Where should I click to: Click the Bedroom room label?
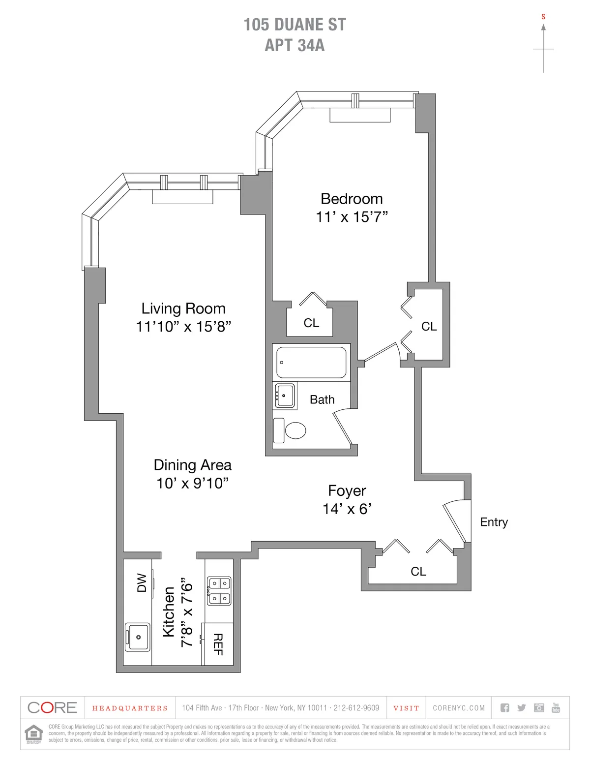[352, 199]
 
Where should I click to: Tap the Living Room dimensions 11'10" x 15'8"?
[183, 327]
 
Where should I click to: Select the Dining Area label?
[192, 465]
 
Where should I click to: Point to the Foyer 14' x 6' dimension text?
[347, 509]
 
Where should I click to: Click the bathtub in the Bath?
[311, 363]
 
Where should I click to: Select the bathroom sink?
[285, 396]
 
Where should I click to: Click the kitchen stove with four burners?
[219, 590]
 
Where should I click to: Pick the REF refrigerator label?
[218, 644]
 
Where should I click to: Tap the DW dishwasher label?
[142, 582]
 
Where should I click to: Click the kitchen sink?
[138, 637]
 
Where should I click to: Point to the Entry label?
[494, 522]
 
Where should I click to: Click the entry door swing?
[455, 522]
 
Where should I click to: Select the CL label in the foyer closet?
[418, 571]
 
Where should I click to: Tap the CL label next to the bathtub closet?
[311, 323]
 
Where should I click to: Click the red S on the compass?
[543, 17]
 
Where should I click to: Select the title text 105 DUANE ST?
[295, 25]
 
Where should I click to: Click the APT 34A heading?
[295, 45]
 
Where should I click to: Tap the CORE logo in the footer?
[53, 707]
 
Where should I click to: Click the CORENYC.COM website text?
[459, 708]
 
